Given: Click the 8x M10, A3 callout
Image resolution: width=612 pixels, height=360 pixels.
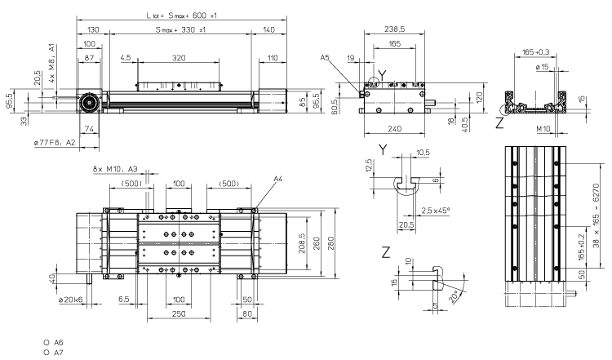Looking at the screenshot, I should [x=113, y=170].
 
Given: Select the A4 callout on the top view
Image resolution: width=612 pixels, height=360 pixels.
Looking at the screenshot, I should [x=278, y=178].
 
